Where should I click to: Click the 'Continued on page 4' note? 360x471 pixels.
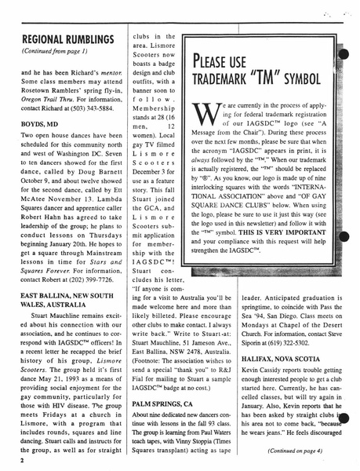(298, 451)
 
